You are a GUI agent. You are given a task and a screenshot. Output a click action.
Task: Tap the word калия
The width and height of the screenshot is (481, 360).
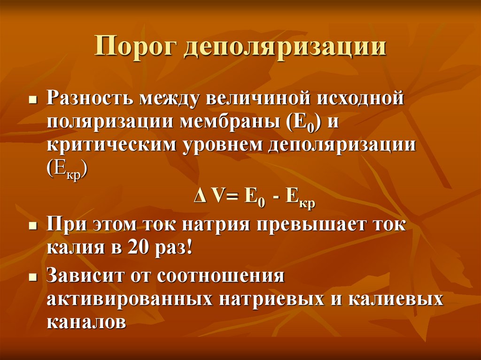71,247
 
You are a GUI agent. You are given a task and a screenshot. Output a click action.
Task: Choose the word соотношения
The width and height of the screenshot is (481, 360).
222,276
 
